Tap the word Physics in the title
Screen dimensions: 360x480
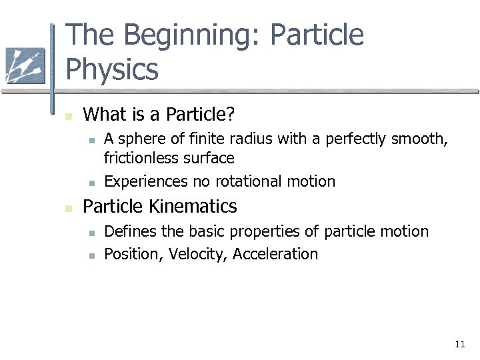tap(112, 69)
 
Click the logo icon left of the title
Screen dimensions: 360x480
tap(25, 66)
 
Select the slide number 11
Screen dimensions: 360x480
tap(459, 344)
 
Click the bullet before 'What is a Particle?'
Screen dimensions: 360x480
tap(67, 116)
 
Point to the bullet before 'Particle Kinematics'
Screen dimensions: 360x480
tap(67, 208)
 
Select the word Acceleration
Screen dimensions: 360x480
tap(275, 254)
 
